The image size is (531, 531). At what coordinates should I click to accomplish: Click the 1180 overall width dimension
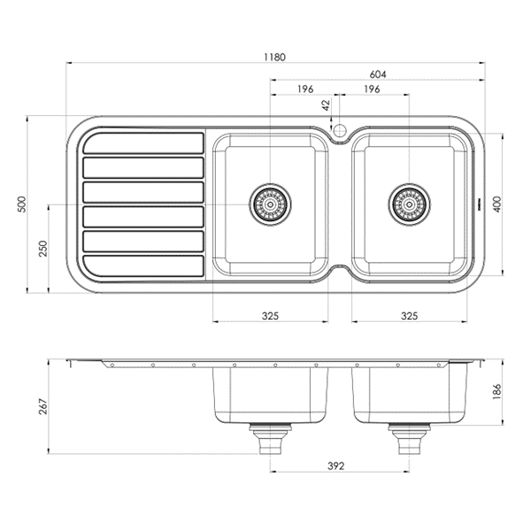(x=274, y=57)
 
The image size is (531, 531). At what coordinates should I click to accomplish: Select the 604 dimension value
(x=378, y=75)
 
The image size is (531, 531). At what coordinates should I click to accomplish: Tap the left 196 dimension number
(x=304, y=89)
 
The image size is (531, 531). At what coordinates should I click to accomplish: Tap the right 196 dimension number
(x=372, y=89)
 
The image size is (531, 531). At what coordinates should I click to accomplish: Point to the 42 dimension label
(x=326, y=104)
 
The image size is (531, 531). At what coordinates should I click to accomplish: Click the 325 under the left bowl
(x=270, y=315)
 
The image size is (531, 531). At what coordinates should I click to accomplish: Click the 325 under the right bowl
(x=409, y=315)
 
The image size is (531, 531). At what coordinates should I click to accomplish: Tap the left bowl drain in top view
(x=270, y=204)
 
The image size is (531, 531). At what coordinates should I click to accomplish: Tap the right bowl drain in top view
(x=409, y=204)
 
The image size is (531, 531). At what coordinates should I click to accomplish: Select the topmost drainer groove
(x=143, y=143)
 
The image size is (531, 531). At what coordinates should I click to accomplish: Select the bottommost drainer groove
(x=143, y=265)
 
